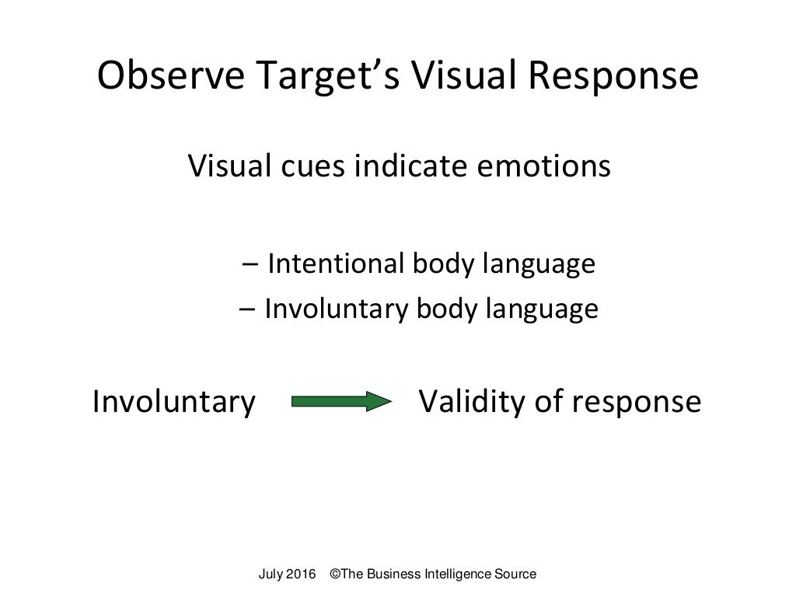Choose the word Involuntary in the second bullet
click(336, 309)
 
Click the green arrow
click(340, 402)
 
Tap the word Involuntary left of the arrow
click(173, 402)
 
